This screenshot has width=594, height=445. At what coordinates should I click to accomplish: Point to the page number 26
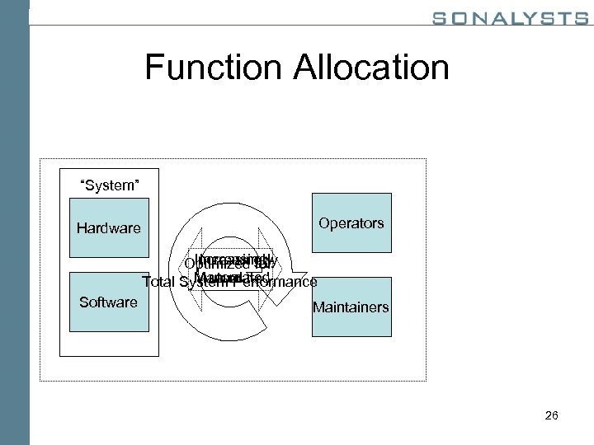point(551,415)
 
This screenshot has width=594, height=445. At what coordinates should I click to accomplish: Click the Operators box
point(351,222)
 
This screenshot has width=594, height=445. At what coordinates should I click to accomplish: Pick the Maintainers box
point(351,307)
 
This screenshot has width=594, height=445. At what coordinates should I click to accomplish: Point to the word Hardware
point(109,228)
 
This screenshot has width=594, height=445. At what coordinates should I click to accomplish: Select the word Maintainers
point(351,308)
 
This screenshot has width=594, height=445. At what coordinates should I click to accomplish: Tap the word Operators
point(351,222)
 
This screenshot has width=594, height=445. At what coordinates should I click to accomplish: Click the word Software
point(108,302)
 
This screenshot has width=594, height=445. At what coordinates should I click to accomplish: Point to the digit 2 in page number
point(547,415)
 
